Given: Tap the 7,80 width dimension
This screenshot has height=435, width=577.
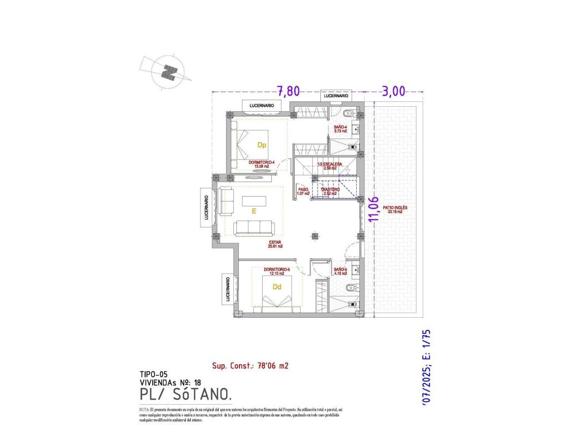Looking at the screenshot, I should (x=288, y=91).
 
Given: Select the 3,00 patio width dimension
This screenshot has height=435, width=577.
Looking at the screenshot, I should (x=393, y=91).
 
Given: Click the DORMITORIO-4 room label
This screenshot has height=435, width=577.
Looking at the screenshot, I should (x=261, y=164).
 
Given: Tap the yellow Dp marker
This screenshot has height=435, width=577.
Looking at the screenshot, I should (x=261, y=145).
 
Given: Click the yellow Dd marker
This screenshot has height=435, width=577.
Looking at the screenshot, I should (x=277, y=287).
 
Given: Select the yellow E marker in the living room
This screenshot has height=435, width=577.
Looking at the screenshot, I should (x=254, y=212).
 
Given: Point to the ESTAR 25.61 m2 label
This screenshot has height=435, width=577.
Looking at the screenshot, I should (x=275, y=244).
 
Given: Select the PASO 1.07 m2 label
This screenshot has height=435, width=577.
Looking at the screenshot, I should (x=303, y=191).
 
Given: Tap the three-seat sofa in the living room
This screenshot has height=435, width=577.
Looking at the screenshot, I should (x=254, y=228).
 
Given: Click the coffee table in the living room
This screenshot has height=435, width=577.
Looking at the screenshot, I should (x=254, y=201).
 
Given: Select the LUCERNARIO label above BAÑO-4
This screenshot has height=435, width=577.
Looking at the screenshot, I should (x=335, y=96).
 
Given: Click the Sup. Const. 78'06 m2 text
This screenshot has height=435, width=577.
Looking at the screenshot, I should (x=250, y=366).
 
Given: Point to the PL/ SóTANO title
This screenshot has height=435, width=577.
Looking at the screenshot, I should (x=186, y=394).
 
